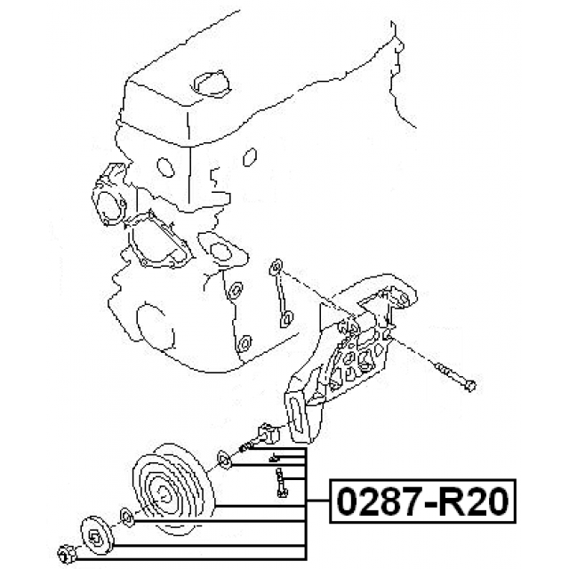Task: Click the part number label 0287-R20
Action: tap(421, 503)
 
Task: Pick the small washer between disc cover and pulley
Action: tap(125, 516)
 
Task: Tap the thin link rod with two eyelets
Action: tap(280, 293)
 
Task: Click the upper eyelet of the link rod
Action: tap(276, 266)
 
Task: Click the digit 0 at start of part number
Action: tap(346, 503)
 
